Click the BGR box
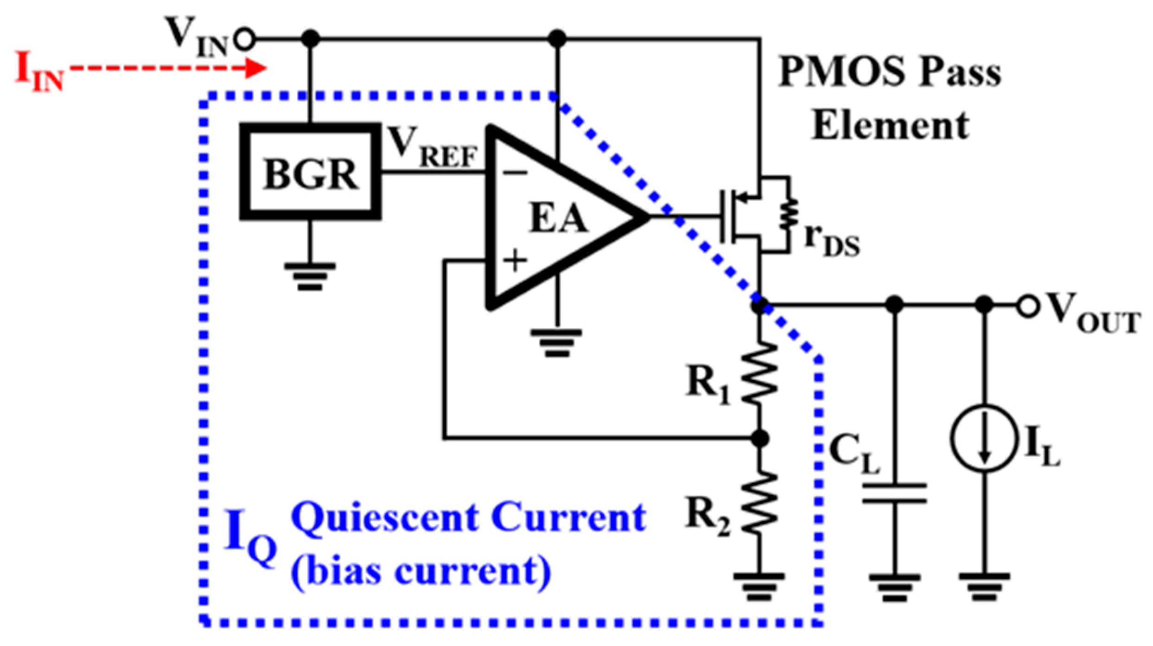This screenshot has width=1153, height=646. coord(310,172)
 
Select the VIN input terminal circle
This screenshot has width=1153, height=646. coord(244,39)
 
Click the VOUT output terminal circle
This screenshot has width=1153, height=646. coord(1027,306)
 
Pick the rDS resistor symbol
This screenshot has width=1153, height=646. coord(788,215)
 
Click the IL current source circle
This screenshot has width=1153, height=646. coord(984,439)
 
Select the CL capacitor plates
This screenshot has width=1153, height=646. coord(894,493)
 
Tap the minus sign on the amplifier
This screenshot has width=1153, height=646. coord(515,173)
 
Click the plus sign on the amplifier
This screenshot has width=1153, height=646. coord(515,261)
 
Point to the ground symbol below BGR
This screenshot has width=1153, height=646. coord(310,276)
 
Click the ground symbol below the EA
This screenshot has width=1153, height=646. coord(556,343)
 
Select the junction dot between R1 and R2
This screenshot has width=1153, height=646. coord(759,438)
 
